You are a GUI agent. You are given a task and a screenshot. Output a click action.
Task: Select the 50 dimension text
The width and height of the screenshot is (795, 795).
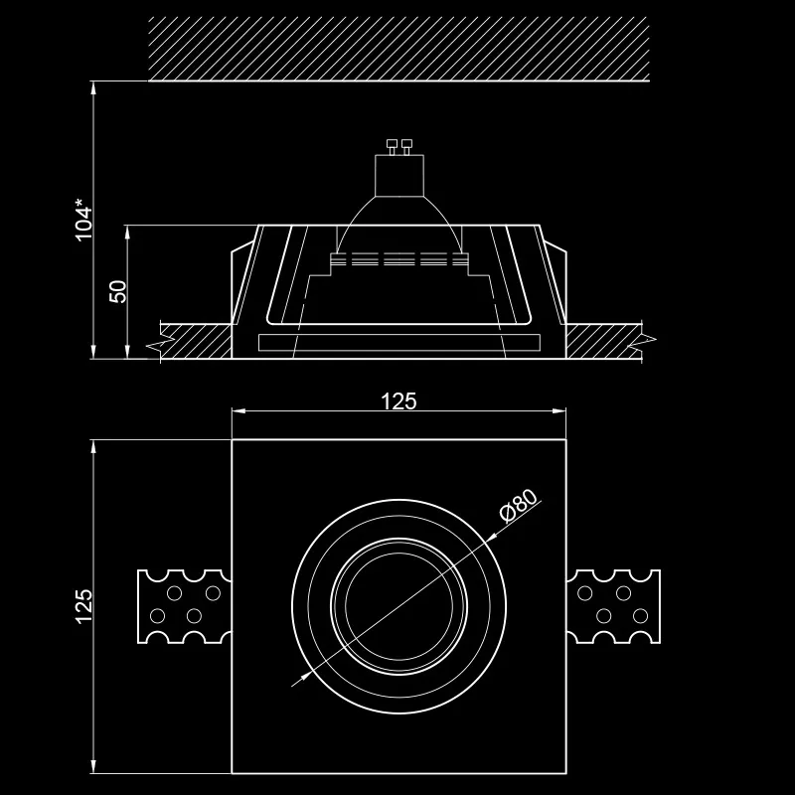click(x=118, y=291)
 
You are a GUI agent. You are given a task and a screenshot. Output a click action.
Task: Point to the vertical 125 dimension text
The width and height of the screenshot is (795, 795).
click(x=83, y=606)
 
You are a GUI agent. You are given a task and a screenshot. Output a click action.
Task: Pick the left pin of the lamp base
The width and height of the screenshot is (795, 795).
click(x=392, y=146)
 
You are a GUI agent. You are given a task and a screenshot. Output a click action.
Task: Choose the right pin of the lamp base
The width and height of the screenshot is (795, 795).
click(x=406, y=146)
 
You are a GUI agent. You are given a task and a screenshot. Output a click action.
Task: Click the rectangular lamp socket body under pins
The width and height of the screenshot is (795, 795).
click(x=399, y=176)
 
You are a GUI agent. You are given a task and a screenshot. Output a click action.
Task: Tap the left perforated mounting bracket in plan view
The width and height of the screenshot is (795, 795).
click(x=185, y=606)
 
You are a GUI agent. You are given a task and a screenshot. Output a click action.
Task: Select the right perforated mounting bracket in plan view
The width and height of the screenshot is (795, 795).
click(x=613, y=606)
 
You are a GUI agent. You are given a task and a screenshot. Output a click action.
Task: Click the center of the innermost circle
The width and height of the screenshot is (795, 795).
click(x=399, y=606)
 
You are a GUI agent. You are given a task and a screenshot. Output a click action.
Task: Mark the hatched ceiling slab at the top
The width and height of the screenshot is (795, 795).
click(x=399, y=49)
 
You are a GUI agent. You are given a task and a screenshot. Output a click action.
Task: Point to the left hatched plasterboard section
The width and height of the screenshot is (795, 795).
click(x=196, y=342)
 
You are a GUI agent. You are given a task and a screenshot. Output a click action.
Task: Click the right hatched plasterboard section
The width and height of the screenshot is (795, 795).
click(x=603, y=342)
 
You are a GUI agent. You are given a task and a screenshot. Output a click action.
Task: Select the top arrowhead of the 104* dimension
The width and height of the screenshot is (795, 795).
click(x=93, y=87)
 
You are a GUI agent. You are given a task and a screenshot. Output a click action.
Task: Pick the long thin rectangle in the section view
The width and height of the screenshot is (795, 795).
click(x=399, y=343)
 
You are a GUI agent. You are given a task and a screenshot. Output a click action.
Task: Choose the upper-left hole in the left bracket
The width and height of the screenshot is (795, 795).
click(x=175, y=592)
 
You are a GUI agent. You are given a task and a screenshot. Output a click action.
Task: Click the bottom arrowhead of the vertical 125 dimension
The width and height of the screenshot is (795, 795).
click(x=93, y=766)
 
